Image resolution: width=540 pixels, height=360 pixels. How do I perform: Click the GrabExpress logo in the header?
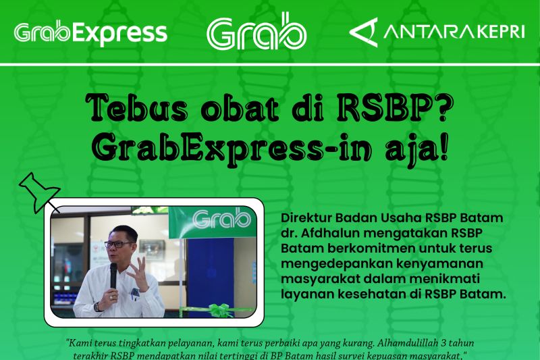tap(90, 32)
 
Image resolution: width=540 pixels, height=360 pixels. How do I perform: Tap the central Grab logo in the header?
tap(256, 31)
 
